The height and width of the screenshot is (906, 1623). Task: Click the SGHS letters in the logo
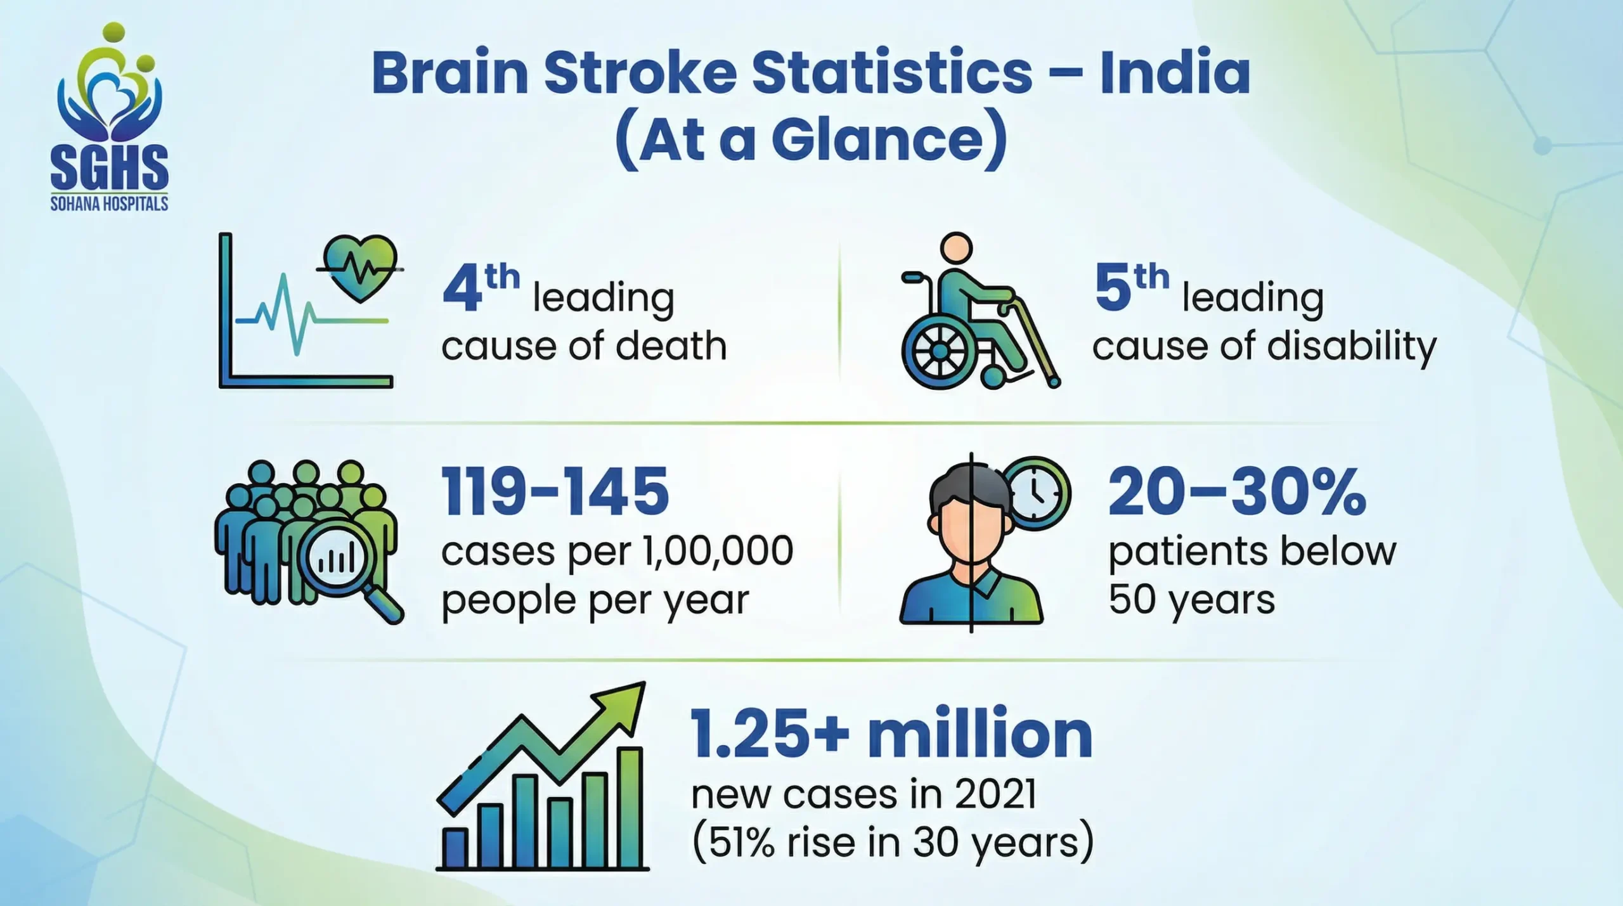109,167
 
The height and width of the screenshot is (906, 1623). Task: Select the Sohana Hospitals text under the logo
109,204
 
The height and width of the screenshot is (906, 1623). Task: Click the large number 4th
480,288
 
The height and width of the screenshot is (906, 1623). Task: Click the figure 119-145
555,491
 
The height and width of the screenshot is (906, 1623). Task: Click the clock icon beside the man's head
1035,493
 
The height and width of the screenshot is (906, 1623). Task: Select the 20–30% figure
1236,493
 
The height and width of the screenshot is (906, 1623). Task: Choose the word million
980,734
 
